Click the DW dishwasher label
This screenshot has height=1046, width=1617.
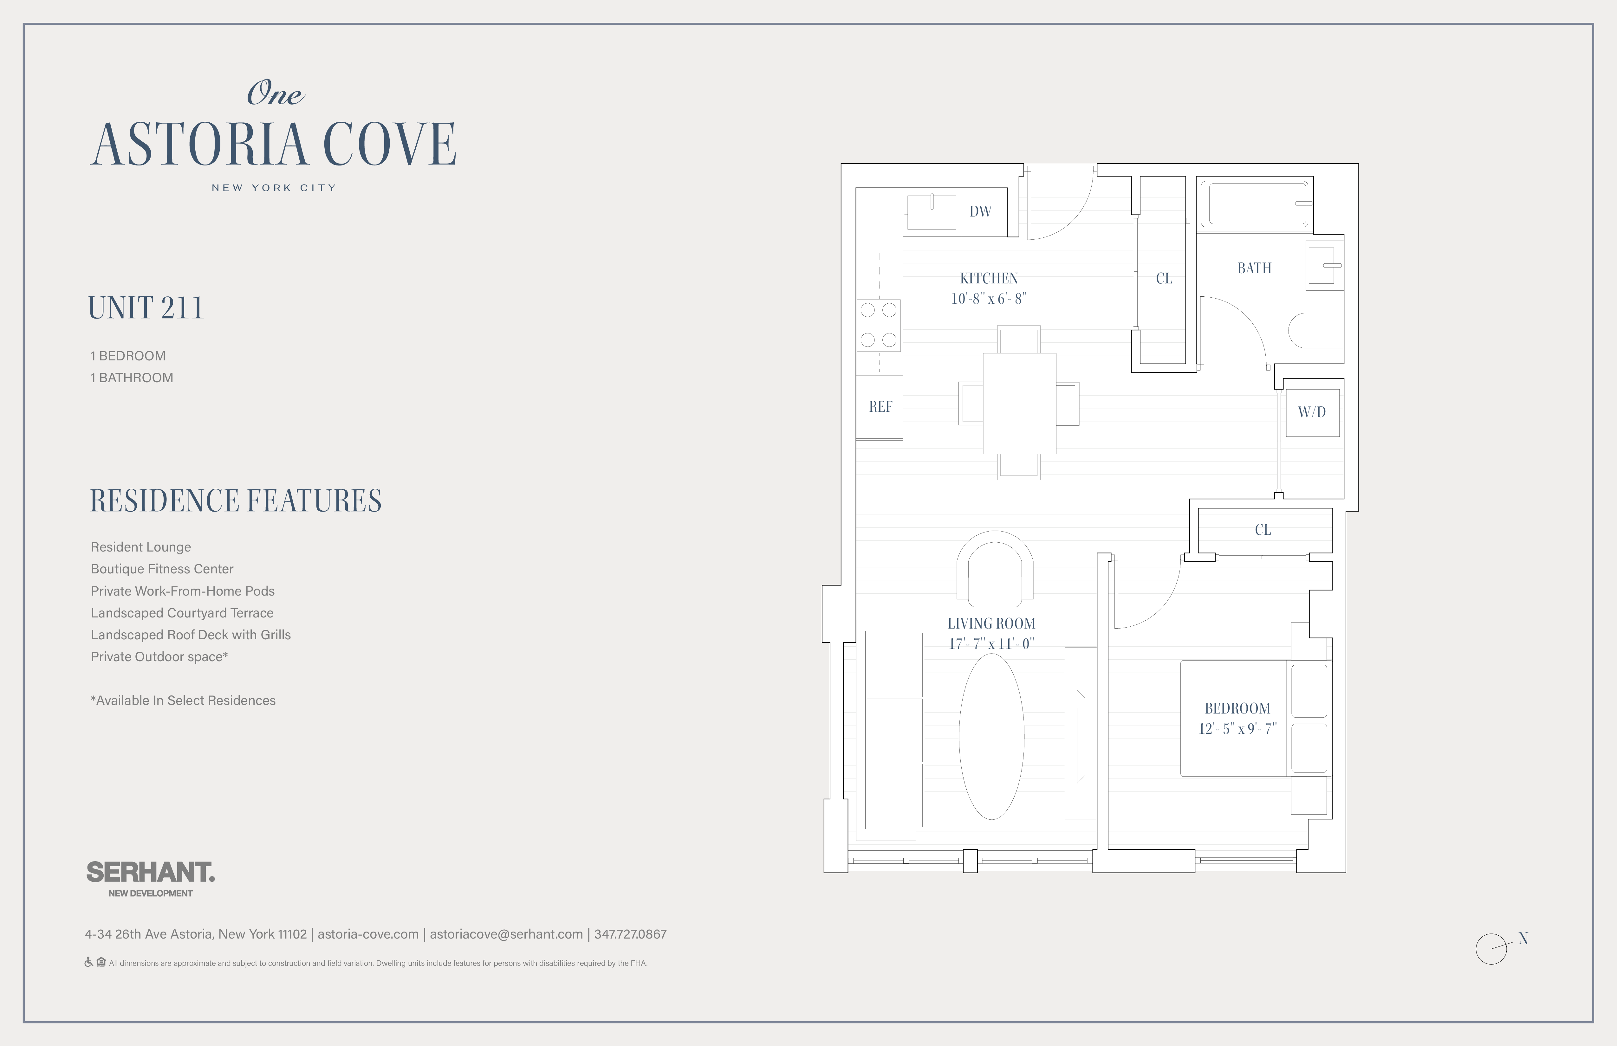980,211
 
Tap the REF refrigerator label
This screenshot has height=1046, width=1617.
880,407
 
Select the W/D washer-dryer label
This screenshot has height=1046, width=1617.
1312,412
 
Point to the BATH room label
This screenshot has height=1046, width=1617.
1254,268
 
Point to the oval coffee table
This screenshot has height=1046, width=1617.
991,736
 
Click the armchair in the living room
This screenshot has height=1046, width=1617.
995,569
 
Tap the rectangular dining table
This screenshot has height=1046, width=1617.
1019,404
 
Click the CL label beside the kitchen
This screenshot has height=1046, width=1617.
1164,279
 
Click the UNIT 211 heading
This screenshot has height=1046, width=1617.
146,308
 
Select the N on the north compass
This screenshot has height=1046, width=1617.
1523,939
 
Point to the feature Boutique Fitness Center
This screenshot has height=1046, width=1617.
162,569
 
